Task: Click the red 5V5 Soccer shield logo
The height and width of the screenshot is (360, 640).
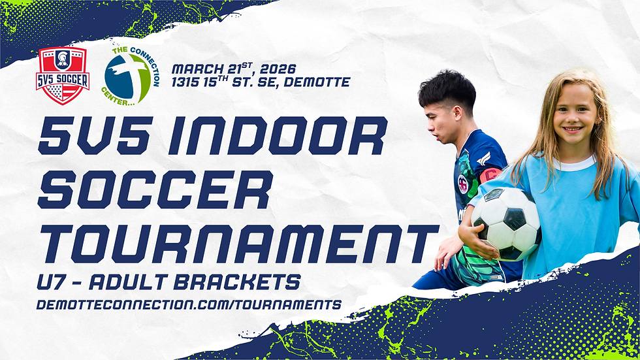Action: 63,75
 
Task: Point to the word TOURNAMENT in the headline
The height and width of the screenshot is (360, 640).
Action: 238,243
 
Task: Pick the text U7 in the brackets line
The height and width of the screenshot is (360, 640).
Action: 52,282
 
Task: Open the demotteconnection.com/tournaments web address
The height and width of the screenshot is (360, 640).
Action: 189,304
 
